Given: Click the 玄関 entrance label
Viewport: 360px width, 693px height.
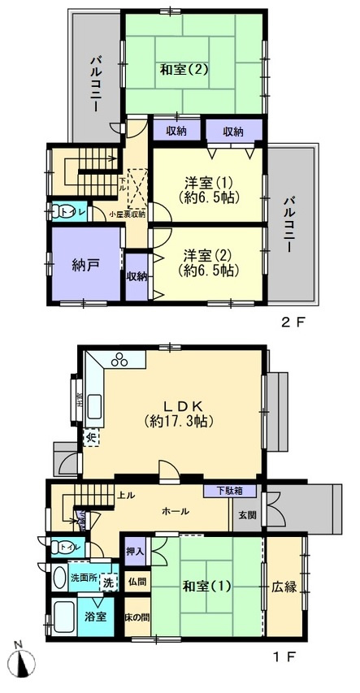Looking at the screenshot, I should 247,515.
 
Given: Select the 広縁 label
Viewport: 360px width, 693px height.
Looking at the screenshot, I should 284,587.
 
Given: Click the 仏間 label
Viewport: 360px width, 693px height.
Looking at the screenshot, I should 137,583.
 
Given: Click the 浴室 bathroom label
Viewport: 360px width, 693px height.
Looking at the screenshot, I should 97,617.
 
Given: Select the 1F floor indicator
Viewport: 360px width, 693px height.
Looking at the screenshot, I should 291,653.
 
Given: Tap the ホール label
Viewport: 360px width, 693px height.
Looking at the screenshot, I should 176,512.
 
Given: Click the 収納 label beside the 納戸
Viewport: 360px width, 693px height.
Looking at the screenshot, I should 137,277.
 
